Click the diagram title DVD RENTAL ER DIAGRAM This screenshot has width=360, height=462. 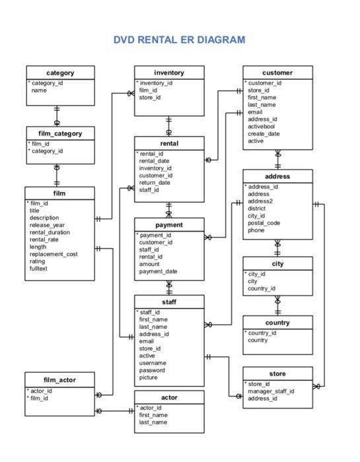click(x=179, y=40)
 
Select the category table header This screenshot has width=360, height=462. click(x=60, y=73)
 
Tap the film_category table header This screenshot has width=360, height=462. click(x=60, y=133)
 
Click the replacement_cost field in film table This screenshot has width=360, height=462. click(x=54, y=254)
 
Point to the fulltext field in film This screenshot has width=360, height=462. click(x=39, y=269)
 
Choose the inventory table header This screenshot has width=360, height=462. click(x=169, y=73)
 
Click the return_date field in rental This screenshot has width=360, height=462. click(x=155, y=183)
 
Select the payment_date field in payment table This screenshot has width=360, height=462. click(x=158, y=271)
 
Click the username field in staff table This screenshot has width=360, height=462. click(x=153, y=363)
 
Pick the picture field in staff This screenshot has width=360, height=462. click(x=149, y=378)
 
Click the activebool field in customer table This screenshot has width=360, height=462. click(x=262, y=126)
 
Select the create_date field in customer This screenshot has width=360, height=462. click(x=264, y=133)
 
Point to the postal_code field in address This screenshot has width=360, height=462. click(x=264, y=223)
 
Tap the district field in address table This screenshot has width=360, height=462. click(x=257, y=209)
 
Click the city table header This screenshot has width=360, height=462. click(x=277, y=263)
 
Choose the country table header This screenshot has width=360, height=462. click(x=277, y=323)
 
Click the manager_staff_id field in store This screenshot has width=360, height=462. click(x=271, y=391)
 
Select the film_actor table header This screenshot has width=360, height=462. click(x=60, y=379)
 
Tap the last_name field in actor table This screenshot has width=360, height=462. click(x=153, y=422)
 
